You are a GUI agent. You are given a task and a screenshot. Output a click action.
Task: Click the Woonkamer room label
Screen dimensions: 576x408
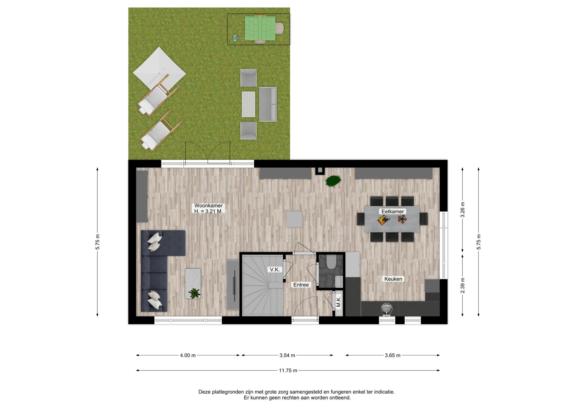click(x=208, y=206)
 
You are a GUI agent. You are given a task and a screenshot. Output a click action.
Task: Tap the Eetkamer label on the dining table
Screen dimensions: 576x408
click(x=392, y=211)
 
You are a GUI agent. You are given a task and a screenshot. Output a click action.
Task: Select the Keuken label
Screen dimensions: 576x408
click(x=393, y=279)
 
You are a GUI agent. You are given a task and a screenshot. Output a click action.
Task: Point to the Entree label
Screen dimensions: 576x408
click(x=301, y=285)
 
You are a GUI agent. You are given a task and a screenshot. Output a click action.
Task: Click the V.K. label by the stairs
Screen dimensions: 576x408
click(x=274, y=270)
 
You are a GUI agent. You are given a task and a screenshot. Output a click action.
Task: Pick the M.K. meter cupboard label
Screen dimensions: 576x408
click(x=339, y=301)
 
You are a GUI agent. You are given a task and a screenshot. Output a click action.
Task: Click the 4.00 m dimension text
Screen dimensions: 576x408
click(x=188, y=355)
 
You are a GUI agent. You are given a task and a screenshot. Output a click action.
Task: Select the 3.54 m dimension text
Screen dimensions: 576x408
click(x=287, y=355)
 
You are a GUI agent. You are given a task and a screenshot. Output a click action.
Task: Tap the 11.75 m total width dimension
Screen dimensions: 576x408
click(x=288, y=371)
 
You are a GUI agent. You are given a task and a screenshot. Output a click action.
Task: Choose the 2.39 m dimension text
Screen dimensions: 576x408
click(x=463, y=285)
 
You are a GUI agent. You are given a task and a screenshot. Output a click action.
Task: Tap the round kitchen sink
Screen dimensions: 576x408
click(x=387, y=309)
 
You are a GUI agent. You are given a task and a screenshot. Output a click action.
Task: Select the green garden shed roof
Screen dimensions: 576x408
click(x=260, y=28)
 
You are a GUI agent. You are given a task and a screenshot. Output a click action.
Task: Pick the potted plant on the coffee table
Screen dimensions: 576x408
click(x=195, y=293)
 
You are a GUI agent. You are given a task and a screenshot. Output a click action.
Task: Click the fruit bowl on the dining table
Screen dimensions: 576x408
click(x=382, y=220)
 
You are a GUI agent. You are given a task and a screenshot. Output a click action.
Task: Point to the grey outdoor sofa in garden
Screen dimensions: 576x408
click(x=268, y=104)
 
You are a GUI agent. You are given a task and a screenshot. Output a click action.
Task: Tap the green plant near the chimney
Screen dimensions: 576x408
click(x=333, y=181)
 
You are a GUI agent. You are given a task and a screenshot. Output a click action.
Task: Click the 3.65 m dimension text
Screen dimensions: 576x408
click(x=393, y=355)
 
